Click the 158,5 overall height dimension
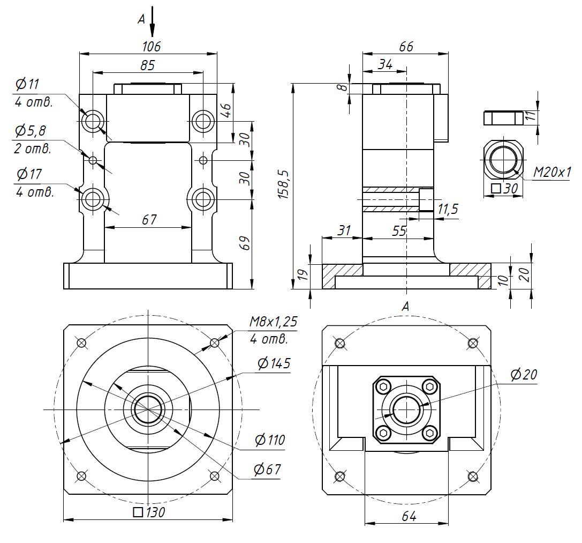tap(284, 184)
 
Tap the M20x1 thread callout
tap(552, 172)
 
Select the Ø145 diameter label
tap(274, 363)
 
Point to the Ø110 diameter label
tap(270, 440)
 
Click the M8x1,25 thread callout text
tap(273, 322)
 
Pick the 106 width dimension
tap(151, 47)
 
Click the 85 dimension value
tap(147, 65)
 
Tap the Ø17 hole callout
tap(29, 174)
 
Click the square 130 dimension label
tap(149, 512)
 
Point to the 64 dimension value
tap(409, 516)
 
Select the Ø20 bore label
tap(524, 375)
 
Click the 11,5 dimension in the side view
tap(448, 209)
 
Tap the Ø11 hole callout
tap(28, 84)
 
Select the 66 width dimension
tap(406, 47)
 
